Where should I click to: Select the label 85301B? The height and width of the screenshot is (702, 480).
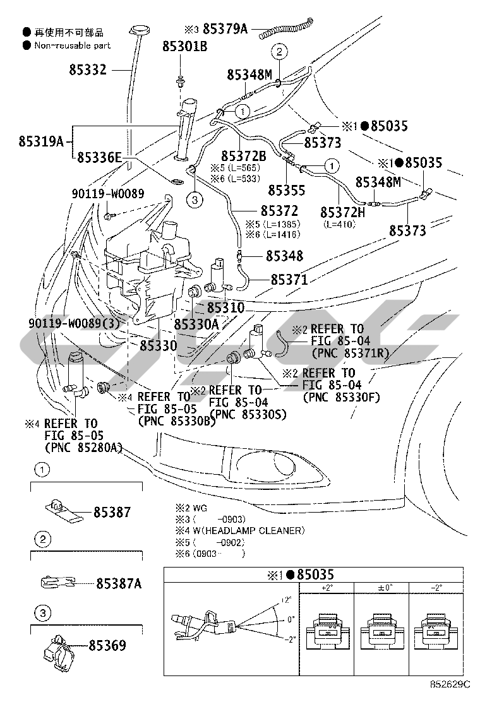pos(184,46)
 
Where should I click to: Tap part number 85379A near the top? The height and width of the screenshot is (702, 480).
pos(225,28)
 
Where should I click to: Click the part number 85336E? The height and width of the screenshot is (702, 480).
pos(99,158)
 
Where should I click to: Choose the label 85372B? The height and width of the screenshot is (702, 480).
pos(243,155)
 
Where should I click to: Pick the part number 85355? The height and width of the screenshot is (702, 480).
pos(286,189)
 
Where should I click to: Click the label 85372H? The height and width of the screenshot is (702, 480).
pos(342,211)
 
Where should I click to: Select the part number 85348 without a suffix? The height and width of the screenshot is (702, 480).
pos(284,256)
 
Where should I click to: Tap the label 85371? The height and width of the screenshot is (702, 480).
pos(289,279)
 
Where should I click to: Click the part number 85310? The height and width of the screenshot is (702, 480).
pos(225,309)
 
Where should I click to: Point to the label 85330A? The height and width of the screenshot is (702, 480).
pos(196,324)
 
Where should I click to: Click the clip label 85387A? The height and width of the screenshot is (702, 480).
pos(119,584)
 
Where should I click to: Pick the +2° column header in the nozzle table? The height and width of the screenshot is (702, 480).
pos(327,588)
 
